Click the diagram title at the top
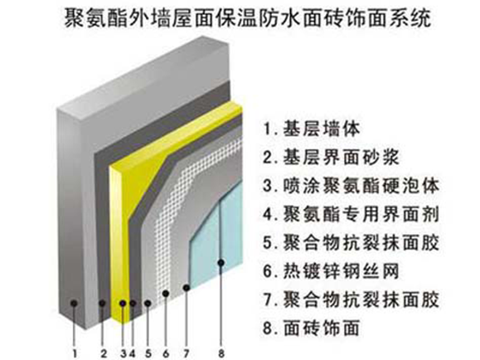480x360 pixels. coord(248,17)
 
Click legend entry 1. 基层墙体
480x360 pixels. coord(312,129)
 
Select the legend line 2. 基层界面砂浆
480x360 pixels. coord(332,157)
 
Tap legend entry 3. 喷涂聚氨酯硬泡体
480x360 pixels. coord(352,186)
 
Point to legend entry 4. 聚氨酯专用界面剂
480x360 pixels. coord(352,214)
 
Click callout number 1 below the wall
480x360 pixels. coord(75,353)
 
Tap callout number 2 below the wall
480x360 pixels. coord(104,353)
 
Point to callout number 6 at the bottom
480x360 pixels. coord(166,353)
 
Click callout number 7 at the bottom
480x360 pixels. coord(187,353)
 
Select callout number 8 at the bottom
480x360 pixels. coord(221,353)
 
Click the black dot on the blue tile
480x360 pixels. coord(221,263)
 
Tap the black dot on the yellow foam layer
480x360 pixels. coord(123,304)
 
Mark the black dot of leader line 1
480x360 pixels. coord(74,304)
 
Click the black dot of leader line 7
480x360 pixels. coord(187,287)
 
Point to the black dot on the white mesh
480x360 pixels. coord(166,294)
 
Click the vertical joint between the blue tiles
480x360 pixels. coord(221,233)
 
